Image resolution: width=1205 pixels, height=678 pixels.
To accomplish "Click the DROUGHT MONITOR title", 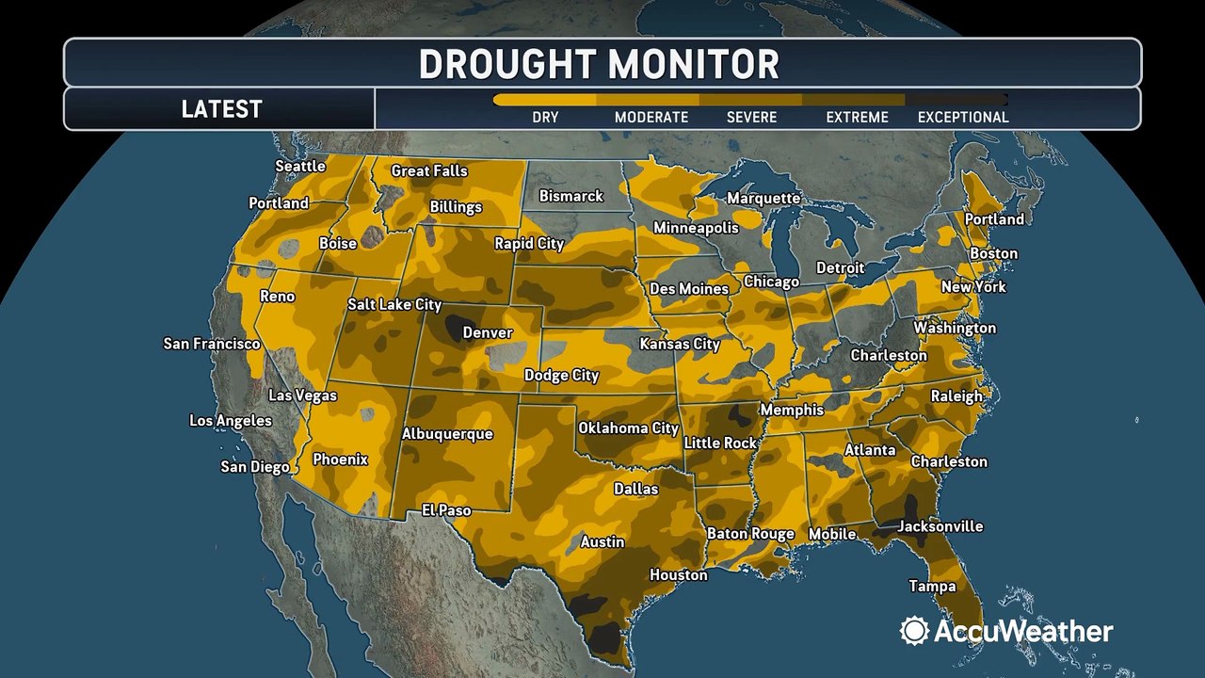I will click(599, 64).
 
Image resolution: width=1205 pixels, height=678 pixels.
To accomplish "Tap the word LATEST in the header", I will click(221, 109).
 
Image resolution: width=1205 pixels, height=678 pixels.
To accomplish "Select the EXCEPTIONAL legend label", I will click(963, 118).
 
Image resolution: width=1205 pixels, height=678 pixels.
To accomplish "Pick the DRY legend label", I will click(545, 118).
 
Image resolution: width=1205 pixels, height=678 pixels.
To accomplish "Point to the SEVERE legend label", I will click(751, 118).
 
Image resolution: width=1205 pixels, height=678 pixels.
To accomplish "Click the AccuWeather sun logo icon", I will click(913, 631).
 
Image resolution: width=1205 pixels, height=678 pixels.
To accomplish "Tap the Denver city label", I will click(488, 332).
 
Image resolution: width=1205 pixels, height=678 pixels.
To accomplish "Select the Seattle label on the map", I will click(299, 166).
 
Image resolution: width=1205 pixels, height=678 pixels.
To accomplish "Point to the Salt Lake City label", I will click(394, 304).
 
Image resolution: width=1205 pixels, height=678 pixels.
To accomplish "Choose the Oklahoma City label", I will click(628, 428).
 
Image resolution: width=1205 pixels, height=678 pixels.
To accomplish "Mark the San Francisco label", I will click(212, 344).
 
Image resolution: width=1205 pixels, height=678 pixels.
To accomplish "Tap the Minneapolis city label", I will click(696, 228).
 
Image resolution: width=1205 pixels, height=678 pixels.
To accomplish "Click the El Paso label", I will click(445, 510).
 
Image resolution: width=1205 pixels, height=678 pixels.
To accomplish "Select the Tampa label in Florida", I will click(932, 586).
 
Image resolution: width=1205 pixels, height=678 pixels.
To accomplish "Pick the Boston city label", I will click(993, 253).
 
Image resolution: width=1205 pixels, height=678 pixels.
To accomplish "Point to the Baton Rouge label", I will click(750, 534).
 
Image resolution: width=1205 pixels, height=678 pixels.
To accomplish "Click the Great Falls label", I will click(429, 170).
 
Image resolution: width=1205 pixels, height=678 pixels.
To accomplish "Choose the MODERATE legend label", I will click(651, 118).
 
